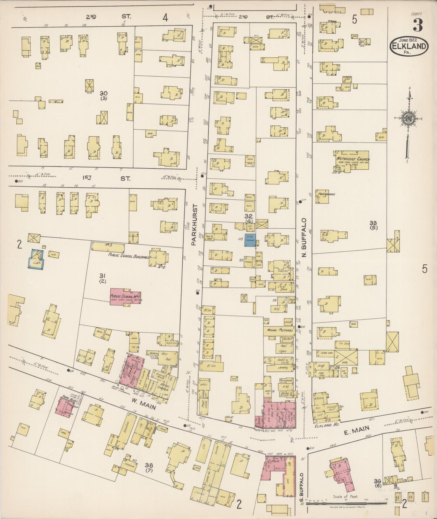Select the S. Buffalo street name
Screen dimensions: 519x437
click(302, 488)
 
